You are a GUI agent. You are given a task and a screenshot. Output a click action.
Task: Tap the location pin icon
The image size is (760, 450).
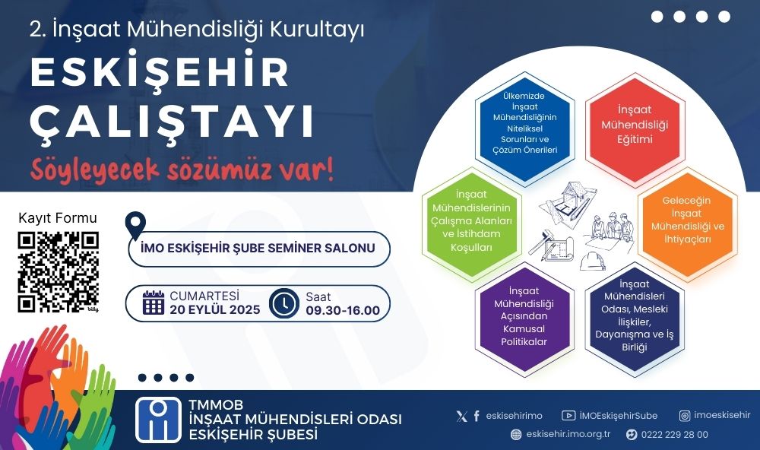pos(135,225)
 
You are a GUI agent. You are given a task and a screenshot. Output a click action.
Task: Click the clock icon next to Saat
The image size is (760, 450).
pos(284,303)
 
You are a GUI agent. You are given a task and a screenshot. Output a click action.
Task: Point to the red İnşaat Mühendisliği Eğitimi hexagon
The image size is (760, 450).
pos(635,125)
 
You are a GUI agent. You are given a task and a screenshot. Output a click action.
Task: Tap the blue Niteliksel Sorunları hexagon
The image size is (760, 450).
pos(524,124)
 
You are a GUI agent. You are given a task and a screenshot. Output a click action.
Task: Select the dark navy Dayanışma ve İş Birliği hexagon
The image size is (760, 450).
pos(635,319)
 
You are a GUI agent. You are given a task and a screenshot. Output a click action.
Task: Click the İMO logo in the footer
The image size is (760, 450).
pos(158,420)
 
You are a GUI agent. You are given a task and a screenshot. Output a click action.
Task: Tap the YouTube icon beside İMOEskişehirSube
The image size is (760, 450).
pos(568,416)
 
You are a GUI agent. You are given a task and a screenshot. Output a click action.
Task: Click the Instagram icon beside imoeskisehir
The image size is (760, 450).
pos(685,416)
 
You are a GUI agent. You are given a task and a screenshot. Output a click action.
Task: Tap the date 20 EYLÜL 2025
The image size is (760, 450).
pos(215,309)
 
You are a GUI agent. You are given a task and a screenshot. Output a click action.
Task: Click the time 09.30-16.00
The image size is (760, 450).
pos(343,310)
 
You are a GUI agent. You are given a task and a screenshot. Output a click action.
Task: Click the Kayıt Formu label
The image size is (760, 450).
pos(58,219)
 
